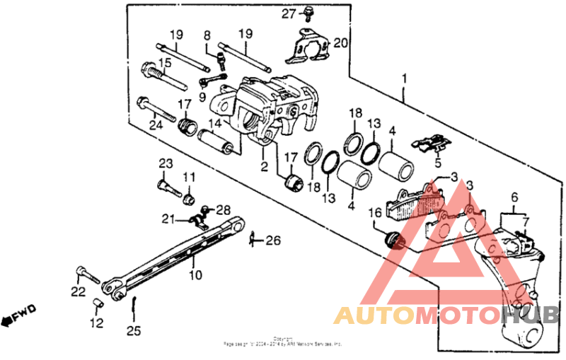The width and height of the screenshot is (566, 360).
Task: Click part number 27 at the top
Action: (x=289, y=14)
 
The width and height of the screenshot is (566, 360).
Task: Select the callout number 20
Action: (x=340, y=43)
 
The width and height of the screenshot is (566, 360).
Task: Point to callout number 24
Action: (x=156, y=126)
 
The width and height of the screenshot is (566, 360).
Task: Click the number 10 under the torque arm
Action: (x=195, y=274)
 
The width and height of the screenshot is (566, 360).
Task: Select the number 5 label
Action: (x=437, y=163)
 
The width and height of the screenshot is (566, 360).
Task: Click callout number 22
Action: (x=78, y=291)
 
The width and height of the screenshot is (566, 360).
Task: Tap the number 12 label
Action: (x=96, y=323)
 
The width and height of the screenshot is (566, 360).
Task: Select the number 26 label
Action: (x=272, y=240)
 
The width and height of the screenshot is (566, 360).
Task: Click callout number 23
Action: (x=165, y=164)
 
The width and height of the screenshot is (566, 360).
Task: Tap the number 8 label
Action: (x=207, y=35)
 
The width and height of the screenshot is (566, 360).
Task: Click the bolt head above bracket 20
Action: (x=310, y=12)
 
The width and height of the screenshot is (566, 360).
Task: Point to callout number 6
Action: (x=514, y=197)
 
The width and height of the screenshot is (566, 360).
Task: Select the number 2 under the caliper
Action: (x=263, y=168)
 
